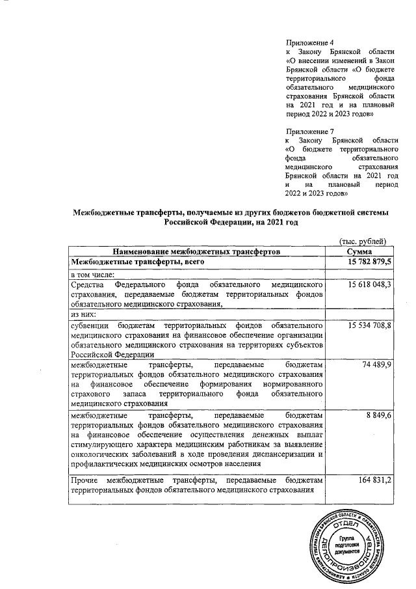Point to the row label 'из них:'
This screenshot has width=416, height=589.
[83, 313]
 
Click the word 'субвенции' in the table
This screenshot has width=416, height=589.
[90, 324]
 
